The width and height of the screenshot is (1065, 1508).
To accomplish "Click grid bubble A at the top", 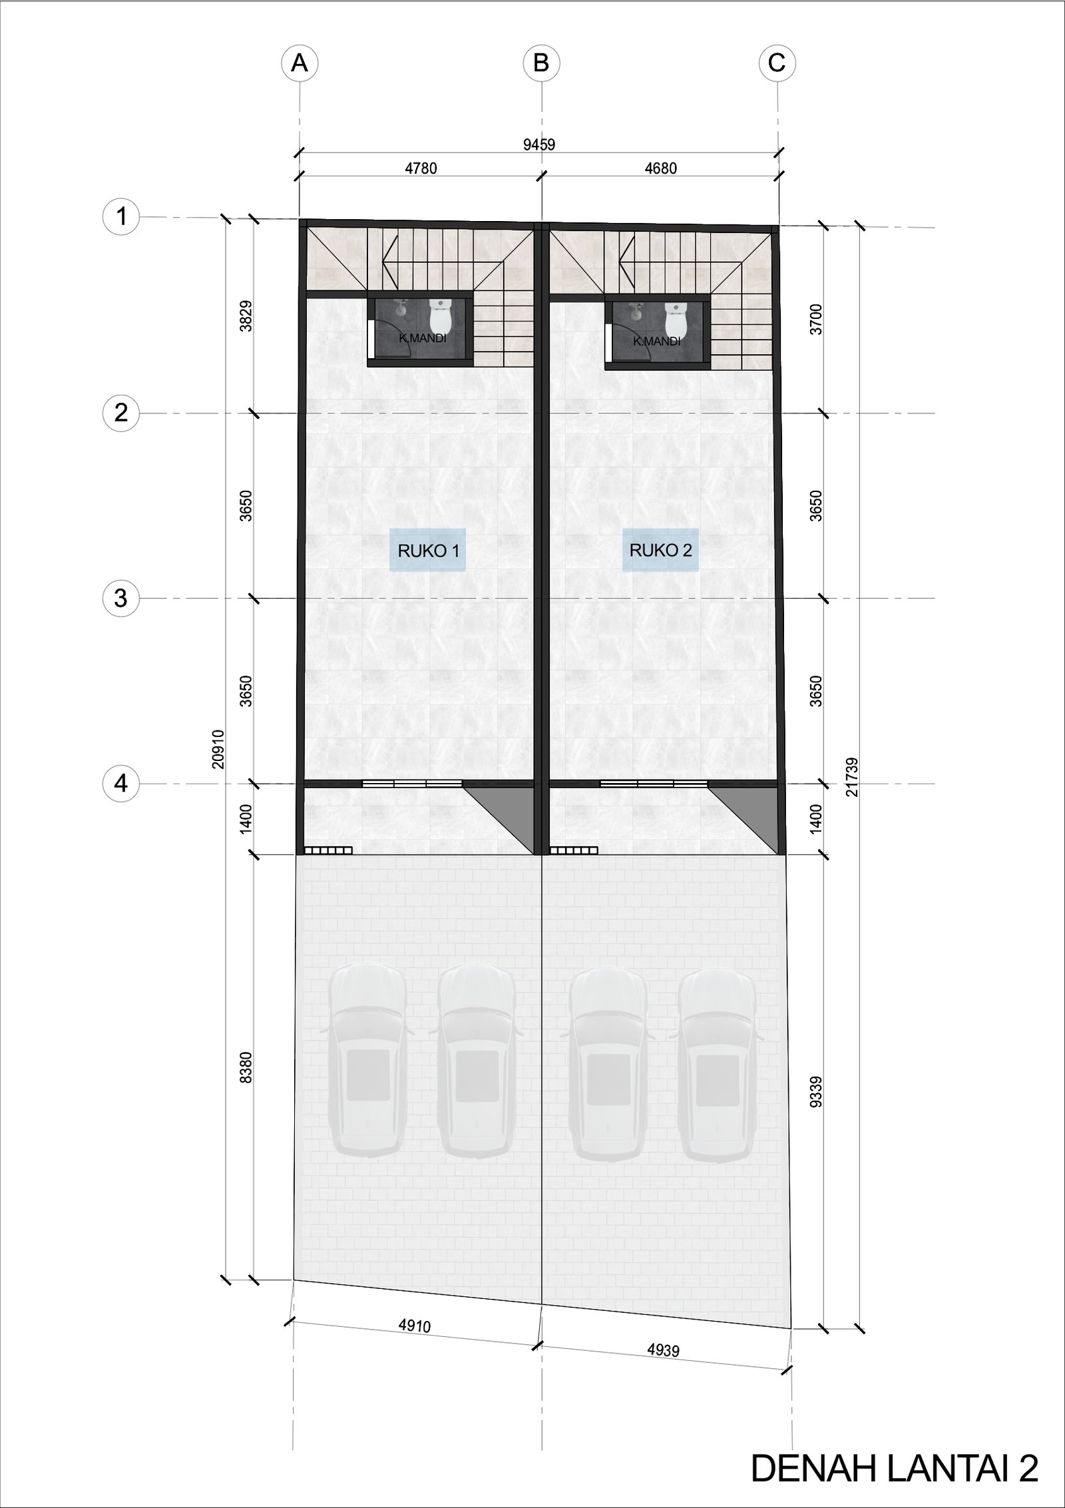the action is [x=300, y=63].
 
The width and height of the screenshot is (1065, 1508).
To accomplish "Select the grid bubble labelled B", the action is [x=541, y=63].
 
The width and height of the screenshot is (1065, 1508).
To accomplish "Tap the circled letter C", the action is [x=777, y=63].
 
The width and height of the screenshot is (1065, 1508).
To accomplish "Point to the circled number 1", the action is [x=121, y=216].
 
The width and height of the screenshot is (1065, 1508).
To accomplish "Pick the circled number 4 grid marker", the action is [x=121, y=784].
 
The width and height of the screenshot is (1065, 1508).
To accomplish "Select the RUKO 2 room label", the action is [x=661, y=550].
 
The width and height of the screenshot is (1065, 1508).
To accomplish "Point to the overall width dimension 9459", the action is [x=538, y=144].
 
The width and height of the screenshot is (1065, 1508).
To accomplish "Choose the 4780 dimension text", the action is [x=421, y=168].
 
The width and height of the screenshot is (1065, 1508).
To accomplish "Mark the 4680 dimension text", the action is [x=660, y=168].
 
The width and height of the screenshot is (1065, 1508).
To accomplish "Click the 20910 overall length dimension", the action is [x=219, y=749].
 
